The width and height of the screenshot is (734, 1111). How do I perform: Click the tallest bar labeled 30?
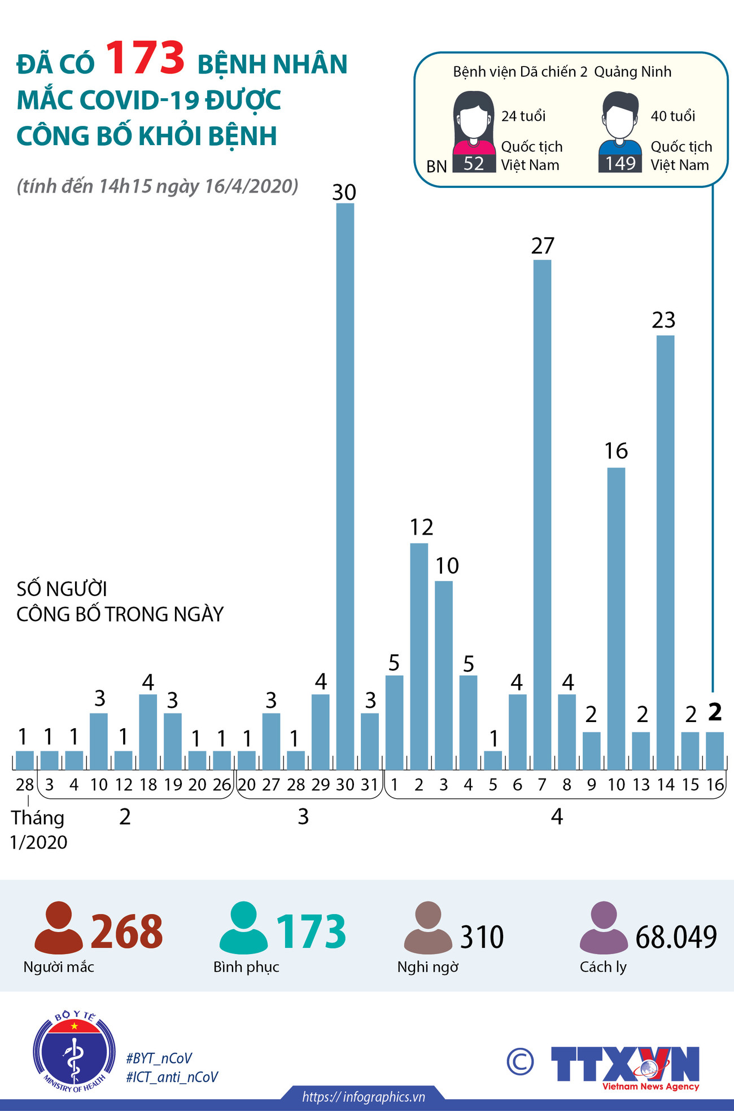click(345, 485)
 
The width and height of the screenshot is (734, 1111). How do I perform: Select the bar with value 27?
click(542, 514)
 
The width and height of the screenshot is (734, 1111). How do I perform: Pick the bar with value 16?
click(616, 618)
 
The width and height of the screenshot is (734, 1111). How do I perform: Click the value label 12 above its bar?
click(421, 527)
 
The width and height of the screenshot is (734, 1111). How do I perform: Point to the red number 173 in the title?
click(145, 58)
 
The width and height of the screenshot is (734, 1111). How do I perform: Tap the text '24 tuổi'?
click(523, 116)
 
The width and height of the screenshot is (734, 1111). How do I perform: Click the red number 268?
click(126, 931)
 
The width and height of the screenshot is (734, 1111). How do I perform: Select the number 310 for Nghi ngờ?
click(482, 937)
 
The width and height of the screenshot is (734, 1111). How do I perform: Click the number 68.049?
click(676, 937)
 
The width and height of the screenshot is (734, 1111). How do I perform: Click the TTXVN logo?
click(625, 1066)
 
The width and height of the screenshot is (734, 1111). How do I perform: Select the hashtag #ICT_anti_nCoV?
click(172, 1077)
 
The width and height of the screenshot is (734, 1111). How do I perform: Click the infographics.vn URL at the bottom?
click(363, 1097)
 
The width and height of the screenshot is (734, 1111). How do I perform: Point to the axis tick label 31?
click(369, 785)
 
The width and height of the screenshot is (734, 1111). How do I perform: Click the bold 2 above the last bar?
click(715, 712)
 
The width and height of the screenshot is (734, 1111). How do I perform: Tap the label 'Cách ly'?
click(603, 967)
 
